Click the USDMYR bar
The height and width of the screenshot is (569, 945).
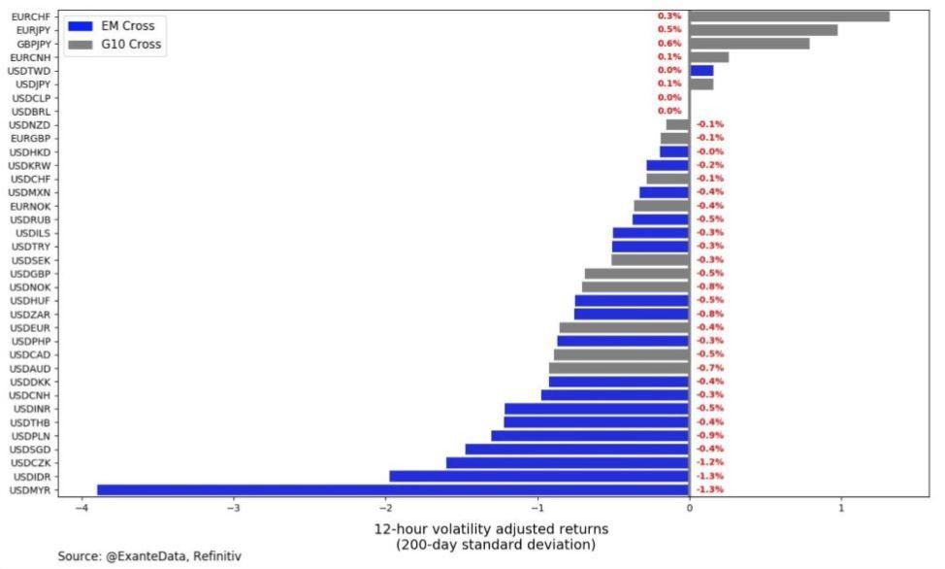[x=393, y=489]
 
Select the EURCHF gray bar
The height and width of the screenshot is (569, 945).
[x=789, y=16]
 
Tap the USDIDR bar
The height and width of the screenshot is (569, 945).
[x=538, y=476]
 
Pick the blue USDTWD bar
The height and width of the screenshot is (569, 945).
[x=701, y=70]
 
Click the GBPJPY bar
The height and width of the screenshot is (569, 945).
[x=749, y=43]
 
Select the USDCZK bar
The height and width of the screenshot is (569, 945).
[x=568, y=462]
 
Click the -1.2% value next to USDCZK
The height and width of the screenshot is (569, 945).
[x=710, y=462]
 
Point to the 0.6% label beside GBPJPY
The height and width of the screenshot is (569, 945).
[x=669, y=43]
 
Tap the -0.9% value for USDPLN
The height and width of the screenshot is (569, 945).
[x=710, y=435]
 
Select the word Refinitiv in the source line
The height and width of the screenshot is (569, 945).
[x=216, y=556]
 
